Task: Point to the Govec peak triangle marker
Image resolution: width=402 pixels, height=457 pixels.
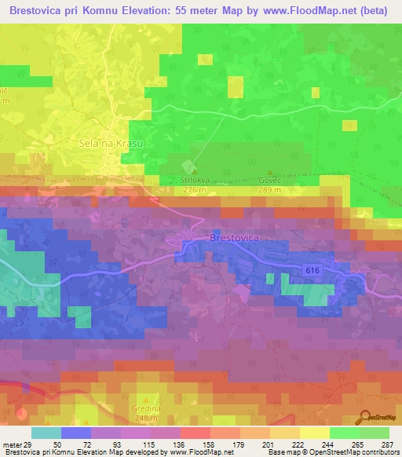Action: coord(271,172)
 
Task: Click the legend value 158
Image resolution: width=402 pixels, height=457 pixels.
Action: coord(196,444)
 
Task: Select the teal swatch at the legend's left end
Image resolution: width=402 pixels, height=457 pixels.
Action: coord(46,433)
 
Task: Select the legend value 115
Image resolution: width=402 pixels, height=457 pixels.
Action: coord(130,444)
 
